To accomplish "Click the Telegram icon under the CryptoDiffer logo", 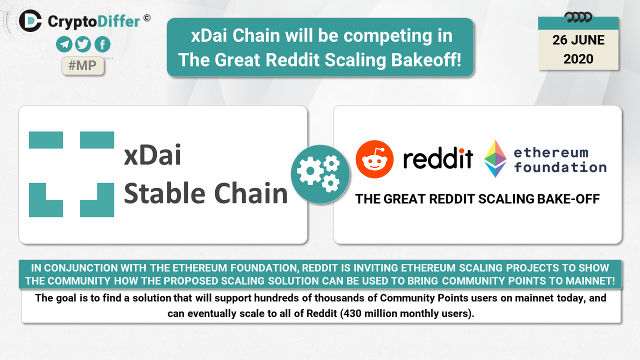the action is [64, 44].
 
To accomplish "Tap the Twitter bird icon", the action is [83, 44].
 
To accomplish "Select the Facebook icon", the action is [102, 44].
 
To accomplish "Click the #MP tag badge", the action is [82, 65].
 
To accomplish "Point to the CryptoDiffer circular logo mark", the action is [30, 21].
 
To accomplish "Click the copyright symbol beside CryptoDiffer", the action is [147, 18].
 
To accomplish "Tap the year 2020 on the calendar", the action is [578, 59].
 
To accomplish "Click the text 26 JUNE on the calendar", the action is [578, 40].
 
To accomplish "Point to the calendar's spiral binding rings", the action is [578, 17].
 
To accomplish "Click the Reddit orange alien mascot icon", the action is [374, 159].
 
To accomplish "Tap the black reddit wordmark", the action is [438, 158].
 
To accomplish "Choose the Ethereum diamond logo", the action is [495, 158].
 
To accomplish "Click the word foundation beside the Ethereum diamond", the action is [560, 167].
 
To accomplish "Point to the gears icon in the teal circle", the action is [320, 174].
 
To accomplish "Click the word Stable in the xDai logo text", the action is [164, 193].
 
